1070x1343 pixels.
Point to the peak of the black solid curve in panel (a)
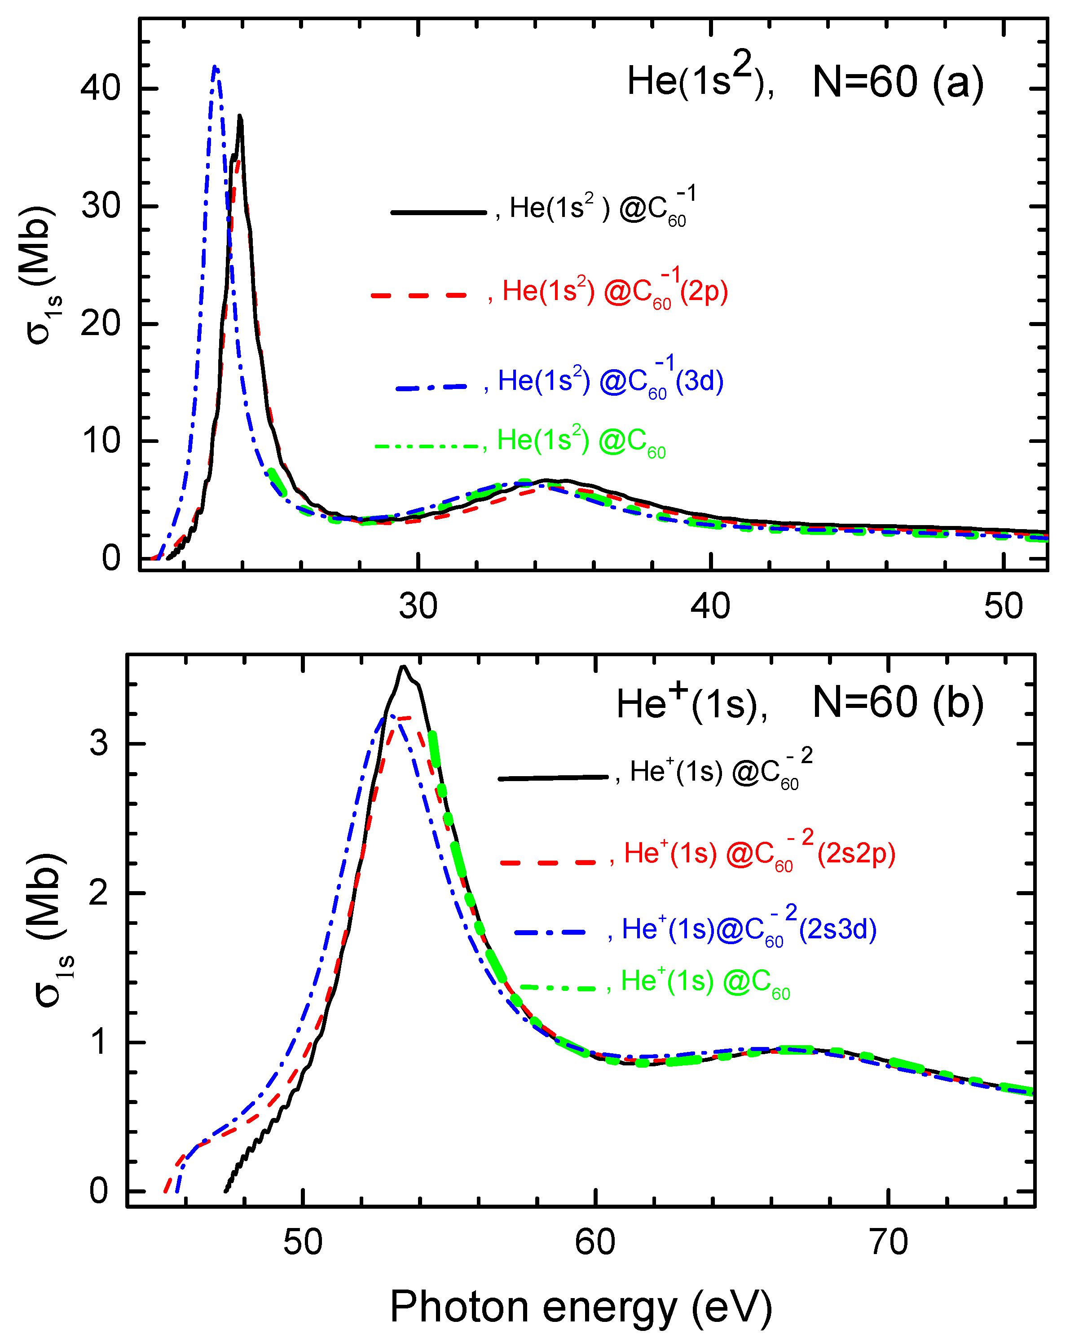240,116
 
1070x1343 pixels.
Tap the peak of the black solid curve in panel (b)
404,667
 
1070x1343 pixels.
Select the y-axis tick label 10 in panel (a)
100,441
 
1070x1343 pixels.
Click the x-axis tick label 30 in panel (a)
418,605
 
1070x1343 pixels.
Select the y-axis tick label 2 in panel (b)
99,893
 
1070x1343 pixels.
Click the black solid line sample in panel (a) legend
439,212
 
